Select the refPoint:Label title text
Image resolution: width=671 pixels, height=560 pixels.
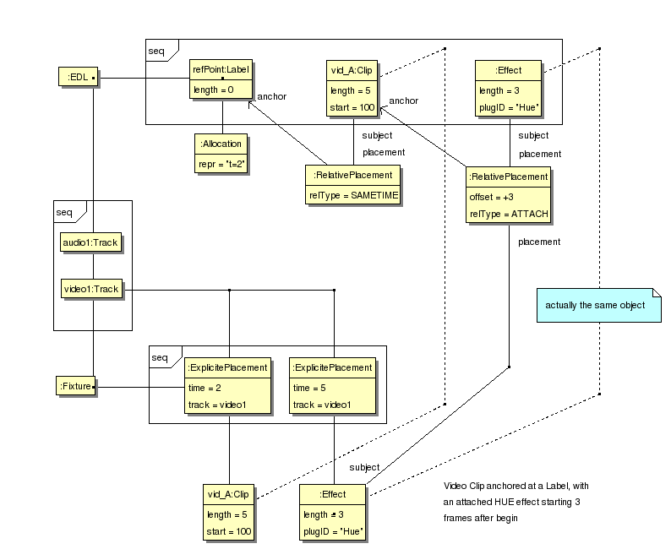coord(221,71)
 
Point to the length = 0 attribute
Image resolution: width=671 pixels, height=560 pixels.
coord(213,90)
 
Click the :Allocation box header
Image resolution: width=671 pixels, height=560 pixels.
coord(221,144)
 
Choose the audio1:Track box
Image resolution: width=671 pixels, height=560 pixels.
coord(90,242)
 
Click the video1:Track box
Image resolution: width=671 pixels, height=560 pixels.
coord(90,289)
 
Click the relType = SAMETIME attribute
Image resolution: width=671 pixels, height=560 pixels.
coord(352,194)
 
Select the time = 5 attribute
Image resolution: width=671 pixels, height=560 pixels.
coord(308,387)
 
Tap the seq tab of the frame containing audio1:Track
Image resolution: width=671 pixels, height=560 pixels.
coord(64,211)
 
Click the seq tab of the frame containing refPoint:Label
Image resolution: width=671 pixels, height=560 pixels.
coord(157,50)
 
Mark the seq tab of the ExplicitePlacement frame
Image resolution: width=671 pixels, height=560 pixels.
coord(160,356)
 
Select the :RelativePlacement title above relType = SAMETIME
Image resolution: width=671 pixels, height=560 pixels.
coord(352,176)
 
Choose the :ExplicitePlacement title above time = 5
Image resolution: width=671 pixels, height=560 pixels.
coord(332,367)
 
